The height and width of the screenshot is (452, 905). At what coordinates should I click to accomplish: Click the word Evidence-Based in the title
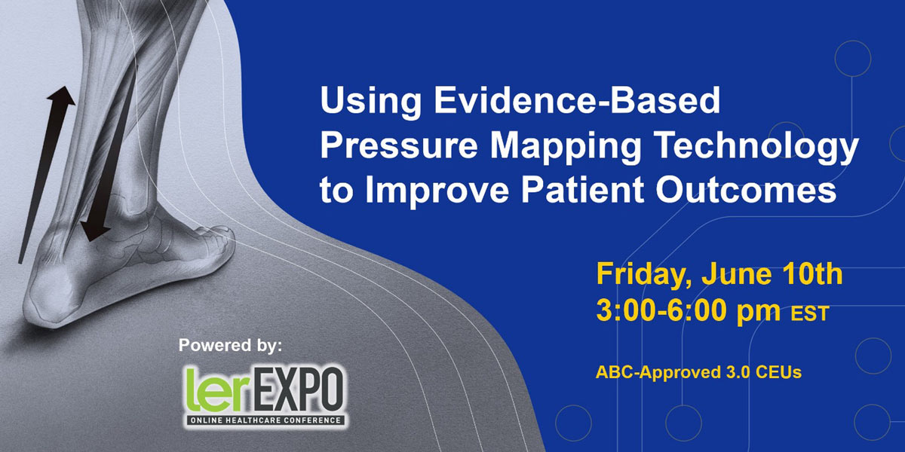(578, 100)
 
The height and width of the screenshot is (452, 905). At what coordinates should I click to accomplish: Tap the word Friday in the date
(644, 275)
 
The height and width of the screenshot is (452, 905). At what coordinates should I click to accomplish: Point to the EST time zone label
(810, 313)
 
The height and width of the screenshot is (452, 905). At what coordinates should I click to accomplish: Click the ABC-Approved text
(658, 372)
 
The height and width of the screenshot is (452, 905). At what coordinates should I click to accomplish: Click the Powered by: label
(230, 346)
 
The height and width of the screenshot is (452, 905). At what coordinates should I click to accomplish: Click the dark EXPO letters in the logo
(297, 390)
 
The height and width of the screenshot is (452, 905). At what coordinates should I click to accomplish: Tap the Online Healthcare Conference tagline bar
(265, 420)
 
